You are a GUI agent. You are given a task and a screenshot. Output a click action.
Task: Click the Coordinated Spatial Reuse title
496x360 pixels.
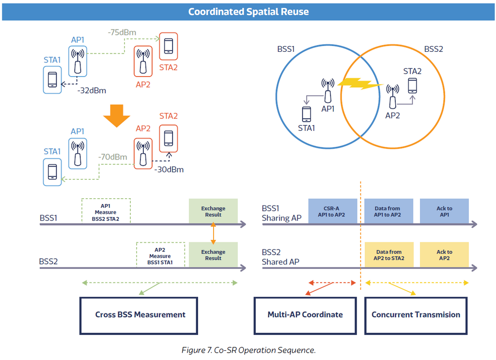coord(248,12)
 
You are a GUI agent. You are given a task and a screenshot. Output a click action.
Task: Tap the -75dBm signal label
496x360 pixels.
coord(122,32)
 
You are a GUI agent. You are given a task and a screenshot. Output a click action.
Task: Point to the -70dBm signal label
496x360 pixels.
coord(112,157)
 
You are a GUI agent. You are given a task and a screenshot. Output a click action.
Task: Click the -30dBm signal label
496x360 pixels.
coord(169,170)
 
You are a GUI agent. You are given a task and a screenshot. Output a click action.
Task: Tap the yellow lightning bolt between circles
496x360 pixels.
coord(359,85)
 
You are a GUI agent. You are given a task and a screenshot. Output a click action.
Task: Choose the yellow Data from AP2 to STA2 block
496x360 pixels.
coord(388,255)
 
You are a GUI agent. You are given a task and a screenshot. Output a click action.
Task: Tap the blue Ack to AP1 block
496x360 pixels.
coord(444,211)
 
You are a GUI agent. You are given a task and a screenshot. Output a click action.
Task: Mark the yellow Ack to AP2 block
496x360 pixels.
coord(444,255)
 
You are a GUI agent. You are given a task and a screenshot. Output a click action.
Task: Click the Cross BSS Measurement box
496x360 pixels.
coord(139,315)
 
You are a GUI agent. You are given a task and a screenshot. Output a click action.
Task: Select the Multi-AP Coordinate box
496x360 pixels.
coord(305,315)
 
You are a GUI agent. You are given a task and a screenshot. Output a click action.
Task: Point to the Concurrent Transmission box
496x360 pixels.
coord(416,315)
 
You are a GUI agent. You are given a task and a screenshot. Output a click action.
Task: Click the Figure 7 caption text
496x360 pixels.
coord(248,350)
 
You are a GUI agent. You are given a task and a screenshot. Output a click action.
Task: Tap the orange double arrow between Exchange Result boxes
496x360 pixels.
coord(213,235)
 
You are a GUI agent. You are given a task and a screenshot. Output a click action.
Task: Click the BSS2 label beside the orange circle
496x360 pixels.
coord(434,49)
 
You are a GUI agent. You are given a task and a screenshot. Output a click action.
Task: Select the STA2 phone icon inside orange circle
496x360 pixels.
coord(412,85)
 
